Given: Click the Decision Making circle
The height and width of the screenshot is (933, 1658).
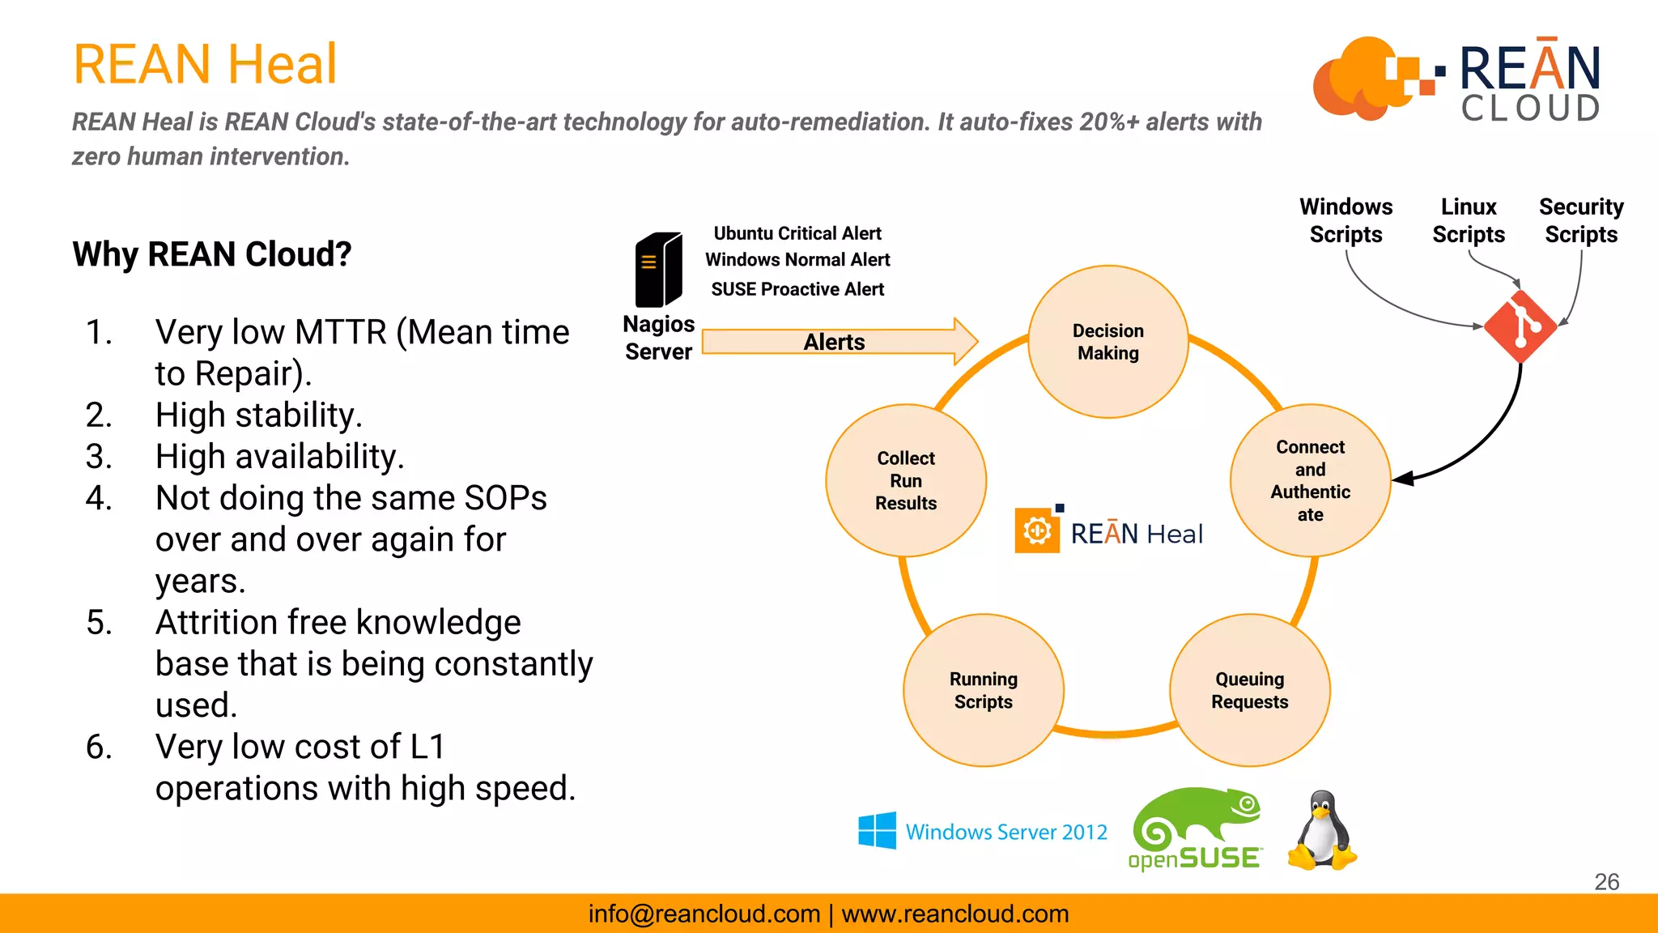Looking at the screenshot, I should pyautogui.click(x=1107, y=342).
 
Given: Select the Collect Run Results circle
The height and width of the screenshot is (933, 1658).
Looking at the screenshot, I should pyautogui.click(x=905, y=480).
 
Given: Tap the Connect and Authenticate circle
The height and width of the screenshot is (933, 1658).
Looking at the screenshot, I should pyautogui.click(x=1310, y=480).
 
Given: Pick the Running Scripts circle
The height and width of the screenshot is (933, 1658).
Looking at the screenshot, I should pyautogui.click(x=983, y=690).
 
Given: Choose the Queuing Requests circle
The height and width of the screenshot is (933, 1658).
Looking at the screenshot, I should pyautogui.click(x=1249, y=690).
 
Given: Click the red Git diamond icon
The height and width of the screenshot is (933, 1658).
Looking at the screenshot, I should pyautogui.click(x=1520, y=326).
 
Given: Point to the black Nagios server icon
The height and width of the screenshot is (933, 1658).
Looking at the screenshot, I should pyautogui.click(x=658, y=270).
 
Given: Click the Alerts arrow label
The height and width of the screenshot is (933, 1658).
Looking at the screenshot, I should pyautogui.click(x=834, y=342).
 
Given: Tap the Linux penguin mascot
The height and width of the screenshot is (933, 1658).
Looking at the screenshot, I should pyautogui.click(x=1321, y=832).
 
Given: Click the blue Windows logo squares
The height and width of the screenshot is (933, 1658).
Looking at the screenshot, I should pyautogui.click(x=877, y=830).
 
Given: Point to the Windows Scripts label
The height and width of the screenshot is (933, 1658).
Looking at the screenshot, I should pyautogui.click(x=1346, y=220).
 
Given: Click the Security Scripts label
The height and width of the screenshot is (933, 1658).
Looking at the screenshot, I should pyautogui.click(x=1580, y=220).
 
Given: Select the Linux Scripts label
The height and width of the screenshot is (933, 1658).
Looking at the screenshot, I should pyautogui.click(x=1468, y=220).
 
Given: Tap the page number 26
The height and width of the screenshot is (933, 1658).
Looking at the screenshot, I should pyautogui.click(x=1606, y=881).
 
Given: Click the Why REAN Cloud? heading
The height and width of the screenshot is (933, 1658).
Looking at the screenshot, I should pyautogui.click(x=212, y=254).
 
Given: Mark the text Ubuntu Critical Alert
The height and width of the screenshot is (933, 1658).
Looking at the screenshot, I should pyautogui.click(x=797, y=233).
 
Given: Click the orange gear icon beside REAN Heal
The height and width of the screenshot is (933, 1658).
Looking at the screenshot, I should pyautogui.click(x=1037, y=530).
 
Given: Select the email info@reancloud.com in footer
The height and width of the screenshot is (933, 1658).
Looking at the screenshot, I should pyautogui.click(x=704, y=914).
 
